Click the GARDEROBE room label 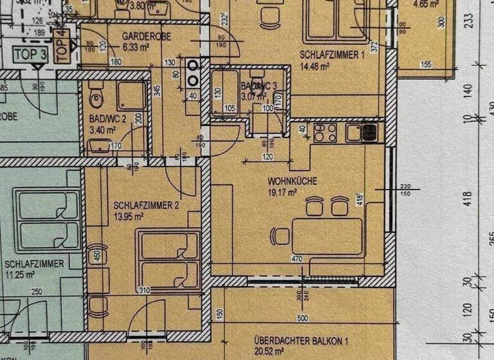(x=146, y=37)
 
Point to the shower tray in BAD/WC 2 (x=131, y=96)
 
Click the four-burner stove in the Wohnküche (x=325, y=133)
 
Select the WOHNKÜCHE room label (x=292, y=182)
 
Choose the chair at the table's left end (x=280, y=236)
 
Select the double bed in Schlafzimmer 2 (x=167, y=259)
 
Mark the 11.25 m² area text (x=19, y=274)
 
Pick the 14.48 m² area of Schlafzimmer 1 (x=315, y=65)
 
